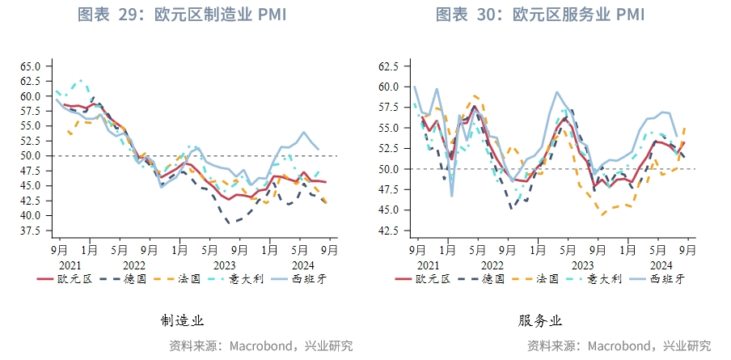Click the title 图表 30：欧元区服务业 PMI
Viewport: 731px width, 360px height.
[540, 15]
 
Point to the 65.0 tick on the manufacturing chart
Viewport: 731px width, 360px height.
[31, 66]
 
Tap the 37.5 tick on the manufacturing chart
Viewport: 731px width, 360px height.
[31, 231]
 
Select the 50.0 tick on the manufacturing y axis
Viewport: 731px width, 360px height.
[31, 155]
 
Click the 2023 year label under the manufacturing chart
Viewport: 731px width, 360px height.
[224, 265]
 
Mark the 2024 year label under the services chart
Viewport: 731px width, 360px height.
[661, 265]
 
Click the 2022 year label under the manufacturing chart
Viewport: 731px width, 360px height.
[133, 265]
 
